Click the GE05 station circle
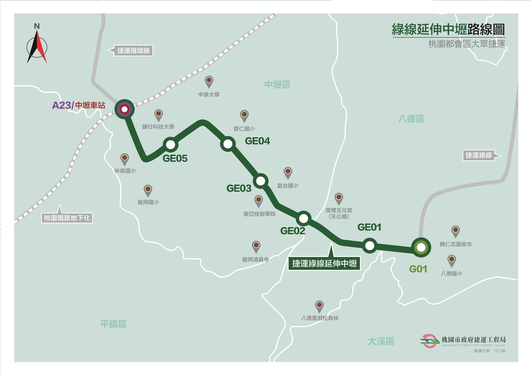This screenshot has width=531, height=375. (x=171, y=145)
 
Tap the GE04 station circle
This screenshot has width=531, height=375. (x=228, y=144)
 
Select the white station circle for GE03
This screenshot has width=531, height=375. (x=261, y=181)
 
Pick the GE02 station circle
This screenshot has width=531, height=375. (x=303, y=219)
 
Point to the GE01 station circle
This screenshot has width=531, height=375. (x=369, y=246)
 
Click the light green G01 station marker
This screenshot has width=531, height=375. (x=421, y=247)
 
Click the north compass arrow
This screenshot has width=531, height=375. (x=37, y=46)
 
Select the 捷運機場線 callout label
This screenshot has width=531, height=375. (x=133, y=51)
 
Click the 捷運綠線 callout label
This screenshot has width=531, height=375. (x=479, y=155)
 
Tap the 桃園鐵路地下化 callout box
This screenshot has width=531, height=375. (x=67, y=218)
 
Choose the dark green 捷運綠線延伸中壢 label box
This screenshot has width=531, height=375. (x=324, y=264)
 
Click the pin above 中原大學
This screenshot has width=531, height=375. (x=209, y=81)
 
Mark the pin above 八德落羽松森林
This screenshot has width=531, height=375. (x=319, y=306)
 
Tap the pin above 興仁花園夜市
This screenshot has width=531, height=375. (x=455, y=231)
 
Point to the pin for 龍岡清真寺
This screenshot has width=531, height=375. (x=256, y=246)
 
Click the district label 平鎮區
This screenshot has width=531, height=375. (x=114, y=324)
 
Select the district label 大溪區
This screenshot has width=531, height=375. (x=381, y=341)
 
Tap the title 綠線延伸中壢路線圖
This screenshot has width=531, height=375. (x=448, y=30)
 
